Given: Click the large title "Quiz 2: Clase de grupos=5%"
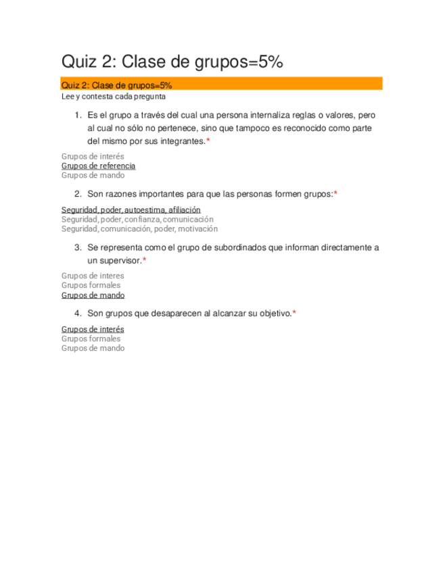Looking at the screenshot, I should point(172,62).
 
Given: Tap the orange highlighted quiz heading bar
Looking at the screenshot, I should point(222,84).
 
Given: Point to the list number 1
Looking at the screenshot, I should point(78,116).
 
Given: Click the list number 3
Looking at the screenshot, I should point(78,247).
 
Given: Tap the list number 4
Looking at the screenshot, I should point(78,314).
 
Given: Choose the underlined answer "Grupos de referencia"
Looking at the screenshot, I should point(98,166).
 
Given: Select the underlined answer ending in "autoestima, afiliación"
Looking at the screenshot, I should point(131,210).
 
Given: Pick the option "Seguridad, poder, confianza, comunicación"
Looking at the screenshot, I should point(137,220).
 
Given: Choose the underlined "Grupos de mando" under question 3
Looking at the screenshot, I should point(93,295).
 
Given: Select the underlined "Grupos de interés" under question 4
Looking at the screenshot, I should point(93,329).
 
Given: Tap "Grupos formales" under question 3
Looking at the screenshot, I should point(91,285).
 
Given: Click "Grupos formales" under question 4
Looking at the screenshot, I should point(91,339).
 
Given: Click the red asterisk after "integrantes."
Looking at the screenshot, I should point(208,141).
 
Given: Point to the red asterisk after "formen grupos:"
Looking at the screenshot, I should point(335,194).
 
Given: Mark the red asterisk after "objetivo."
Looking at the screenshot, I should point(294,314).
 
